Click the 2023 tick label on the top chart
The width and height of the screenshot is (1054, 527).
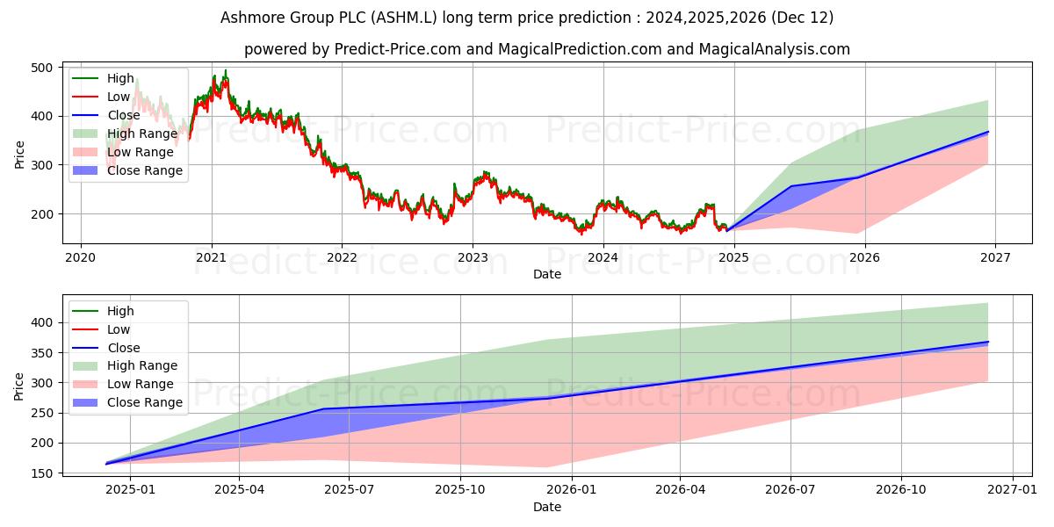473,257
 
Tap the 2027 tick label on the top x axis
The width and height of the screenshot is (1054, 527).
995,257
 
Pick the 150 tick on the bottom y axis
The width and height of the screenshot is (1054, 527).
52,473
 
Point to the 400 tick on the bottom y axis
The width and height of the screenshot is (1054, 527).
52,322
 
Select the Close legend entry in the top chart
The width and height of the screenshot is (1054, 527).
123,115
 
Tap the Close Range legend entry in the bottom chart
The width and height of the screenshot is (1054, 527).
145,402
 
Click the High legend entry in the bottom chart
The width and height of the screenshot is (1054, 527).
120,311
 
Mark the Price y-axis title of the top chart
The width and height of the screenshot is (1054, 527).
19,154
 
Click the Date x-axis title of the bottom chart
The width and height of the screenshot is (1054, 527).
547,507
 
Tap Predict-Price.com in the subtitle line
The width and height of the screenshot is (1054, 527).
398,49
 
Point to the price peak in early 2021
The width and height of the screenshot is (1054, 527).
225,70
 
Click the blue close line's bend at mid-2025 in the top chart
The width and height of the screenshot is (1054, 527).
790,186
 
